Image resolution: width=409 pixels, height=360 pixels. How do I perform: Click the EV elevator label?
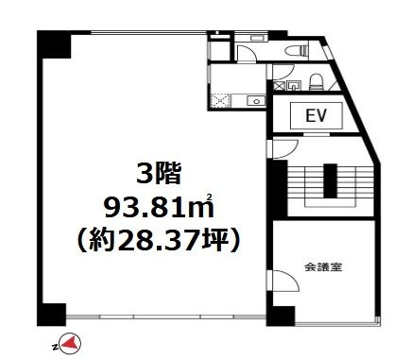[316, 115]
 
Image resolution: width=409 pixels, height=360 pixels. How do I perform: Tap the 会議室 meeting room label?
[323, 267]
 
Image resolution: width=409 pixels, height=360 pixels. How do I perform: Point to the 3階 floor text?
[159, 174]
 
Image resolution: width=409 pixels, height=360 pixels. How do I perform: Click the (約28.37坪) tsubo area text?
[159, 240]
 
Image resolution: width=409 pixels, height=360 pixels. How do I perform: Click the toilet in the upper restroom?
[296, 51]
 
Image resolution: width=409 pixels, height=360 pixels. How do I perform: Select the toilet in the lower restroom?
[315, 82]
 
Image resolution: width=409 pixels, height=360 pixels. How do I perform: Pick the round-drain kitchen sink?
[256, 101]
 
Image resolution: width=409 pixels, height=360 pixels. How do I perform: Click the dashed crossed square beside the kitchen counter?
[221, 101]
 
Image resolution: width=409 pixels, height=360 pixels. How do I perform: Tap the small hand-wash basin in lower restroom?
[294, 85]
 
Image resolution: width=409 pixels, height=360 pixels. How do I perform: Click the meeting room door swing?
[285, 282]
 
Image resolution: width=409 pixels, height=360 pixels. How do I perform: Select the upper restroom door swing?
[247, 52]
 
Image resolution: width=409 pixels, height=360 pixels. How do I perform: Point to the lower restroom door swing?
[283, 72]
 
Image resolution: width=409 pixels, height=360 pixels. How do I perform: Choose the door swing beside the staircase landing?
[285, 149]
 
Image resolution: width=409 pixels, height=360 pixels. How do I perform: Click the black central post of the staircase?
[331, 180]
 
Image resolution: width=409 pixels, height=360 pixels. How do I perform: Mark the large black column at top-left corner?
[54, 44]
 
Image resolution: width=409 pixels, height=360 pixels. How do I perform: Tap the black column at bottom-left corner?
[52, 315]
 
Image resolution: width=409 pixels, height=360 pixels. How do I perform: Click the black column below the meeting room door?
[281, 316]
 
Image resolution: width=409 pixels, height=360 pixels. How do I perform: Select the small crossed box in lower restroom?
[279, 85]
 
